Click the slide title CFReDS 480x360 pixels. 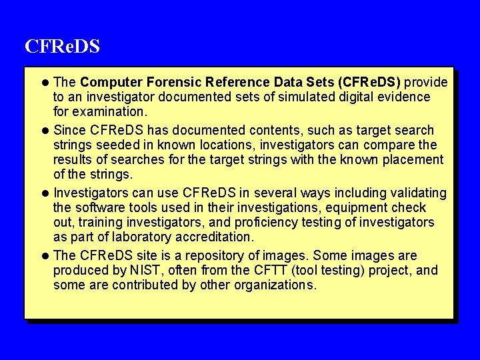(62, 47)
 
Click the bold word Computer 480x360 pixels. (109, 83)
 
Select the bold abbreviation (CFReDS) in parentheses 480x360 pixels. (369, 83)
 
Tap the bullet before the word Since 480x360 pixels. (45, 131)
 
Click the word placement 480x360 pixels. (410, 159)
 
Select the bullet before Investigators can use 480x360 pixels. (45, 193)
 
